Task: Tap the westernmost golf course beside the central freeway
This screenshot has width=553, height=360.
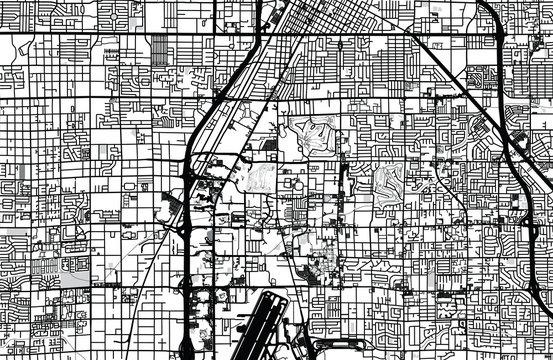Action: [x=258, y=179]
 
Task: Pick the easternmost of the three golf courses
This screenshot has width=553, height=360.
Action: [x=388, y=181]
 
